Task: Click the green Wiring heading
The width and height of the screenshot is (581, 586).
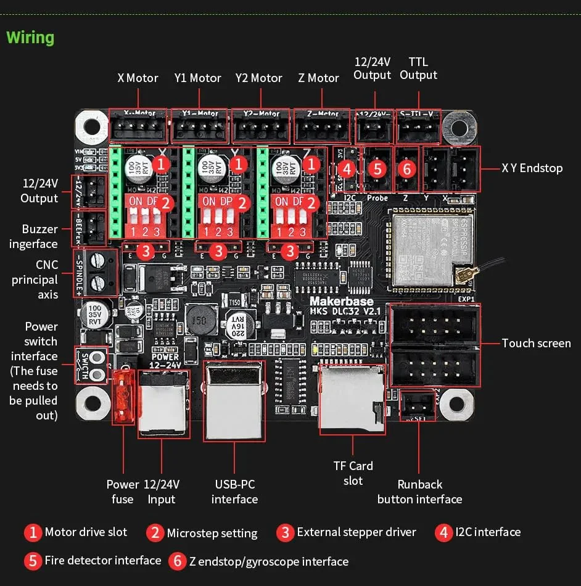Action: pos(30,38)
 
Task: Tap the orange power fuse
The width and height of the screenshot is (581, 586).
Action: pos(123,398)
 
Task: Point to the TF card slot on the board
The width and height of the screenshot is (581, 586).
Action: pos(352,398)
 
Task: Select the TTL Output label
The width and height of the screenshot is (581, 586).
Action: pos(418,68)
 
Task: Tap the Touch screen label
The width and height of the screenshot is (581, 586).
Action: pos(536,344)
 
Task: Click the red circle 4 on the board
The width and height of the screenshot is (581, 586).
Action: pos(347,168)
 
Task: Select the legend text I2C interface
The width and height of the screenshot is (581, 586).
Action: pos(487,532)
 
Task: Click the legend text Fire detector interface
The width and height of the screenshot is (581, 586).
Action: pos(102,560)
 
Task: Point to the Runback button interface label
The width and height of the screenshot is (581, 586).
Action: pos(419,492)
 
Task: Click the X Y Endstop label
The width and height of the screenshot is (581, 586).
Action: pos(532,168)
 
